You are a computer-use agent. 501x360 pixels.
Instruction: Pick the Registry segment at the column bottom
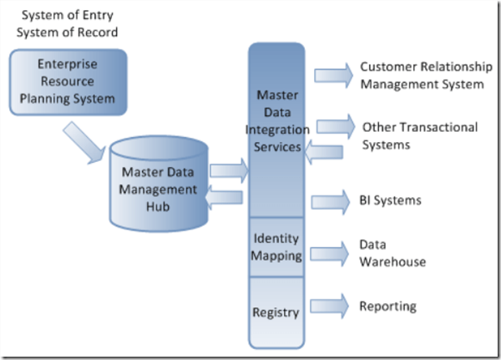click(x=276, y=312)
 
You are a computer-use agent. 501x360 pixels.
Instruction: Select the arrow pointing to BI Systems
click(x=329, y=200)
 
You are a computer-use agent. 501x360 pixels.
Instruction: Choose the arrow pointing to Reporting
click(x=329, y=306)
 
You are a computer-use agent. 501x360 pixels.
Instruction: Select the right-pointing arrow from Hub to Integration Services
click(x=229, y=172)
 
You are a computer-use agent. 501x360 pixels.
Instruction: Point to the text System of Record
click(x=70, y=33)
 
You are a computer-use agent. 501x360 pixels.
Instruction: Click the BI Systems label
click(x=390, y=200)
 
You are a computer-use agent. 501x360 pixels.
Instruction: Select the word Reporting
click(x=387, y=306)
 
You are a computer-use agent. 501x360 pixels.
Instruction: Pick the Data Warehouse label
click(x=392, y=253)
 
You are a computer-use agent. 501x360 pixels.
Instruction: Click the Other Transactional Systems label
click(x=419, y=135)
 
